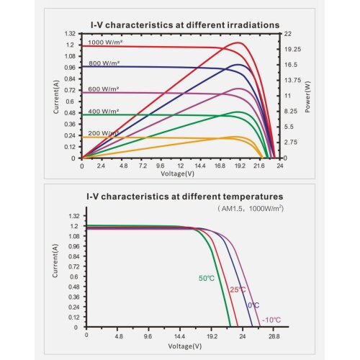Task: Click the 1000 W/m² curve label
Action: (105, 42)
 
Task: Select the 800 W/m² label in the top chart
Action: (104, 63)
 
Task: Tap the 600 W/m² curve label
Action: (104, 89)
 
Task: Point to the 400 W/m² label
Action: (104, 112)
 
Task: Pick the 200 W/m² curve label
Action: (104, 133)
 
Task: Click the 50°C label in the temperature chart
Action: (207, 279)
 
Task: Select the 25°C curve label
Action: (238, 289)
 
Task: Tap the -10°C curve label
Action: (271, 320)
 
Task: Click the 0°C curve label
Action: (253, 305)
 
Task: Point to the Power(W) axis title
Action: (307, 97)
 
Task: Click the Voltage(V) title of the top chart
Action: (177, 174)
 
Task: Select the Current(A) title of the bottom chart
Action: (55, 261)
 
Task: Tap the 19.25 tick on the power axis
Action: (292, 49)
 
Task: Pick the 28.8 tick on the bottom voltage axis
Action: (274, 336)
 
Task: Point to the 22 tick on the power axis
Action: (288, 34)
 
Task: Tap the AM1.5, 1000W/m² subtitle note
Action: (251, 208)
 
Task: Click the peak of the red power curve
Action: (238, 42)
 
